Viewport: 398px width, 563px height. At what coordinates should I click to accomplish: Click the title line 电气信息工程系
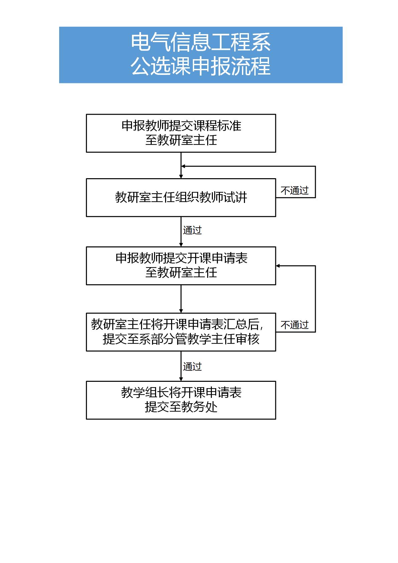tap(201, 42)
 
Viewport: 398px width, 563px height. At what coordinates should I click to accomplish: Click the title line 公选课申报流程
tap(201, 66)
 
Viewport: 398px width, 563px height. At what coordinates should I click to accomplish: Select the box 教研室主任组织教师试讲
tap(181, 198)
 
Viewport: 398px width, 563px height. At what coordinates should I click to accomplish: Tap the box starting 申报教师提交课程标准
tap(181, 133)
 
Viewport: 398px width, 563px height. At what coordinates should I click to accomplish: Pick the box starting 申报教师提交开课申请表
tap(181, 266)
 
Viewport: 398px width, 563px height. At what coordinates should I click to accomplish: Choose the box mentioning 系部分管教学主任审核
tap(181, 332)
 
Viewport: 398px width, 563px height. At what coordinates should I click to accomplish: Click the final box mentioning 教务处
tap(181, 400)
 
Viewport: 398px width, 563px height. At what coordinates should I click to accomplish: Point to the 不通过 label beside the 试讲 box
tap(294, 191)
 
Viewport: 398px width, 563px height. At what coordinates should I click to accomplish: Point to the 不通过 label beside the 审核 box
tap(294, 325)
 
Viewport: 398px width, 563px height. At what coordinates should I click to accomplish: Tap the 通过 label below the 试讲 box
tap(192, 230)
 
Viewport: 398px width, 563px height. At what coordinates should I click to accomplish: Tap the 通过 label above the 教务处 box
tap(192, 367)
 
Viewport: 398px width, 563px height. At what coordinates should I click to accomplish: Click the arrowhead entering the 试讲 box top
tap(181, 177)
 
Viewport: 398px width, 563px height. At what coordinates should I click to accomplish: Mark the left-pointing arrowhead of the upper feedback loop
tap(183, 166)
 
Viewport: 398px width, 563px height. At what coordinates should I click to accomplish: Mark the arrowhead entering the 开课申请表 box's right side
tap(278, 266)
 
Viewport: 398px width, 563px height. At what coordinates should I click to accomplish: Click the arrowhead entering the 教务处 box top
tap(181, 379)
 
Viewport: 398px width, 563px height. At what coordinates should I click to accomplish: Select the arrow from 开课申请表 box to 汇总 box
tap(181, 299)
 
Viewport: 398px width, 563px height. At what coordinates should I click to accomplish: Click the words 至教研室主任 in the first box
tap(181, 140)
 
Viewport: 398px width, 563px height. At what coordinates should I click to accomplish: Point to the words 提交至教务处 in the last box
tap(181, 407)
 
